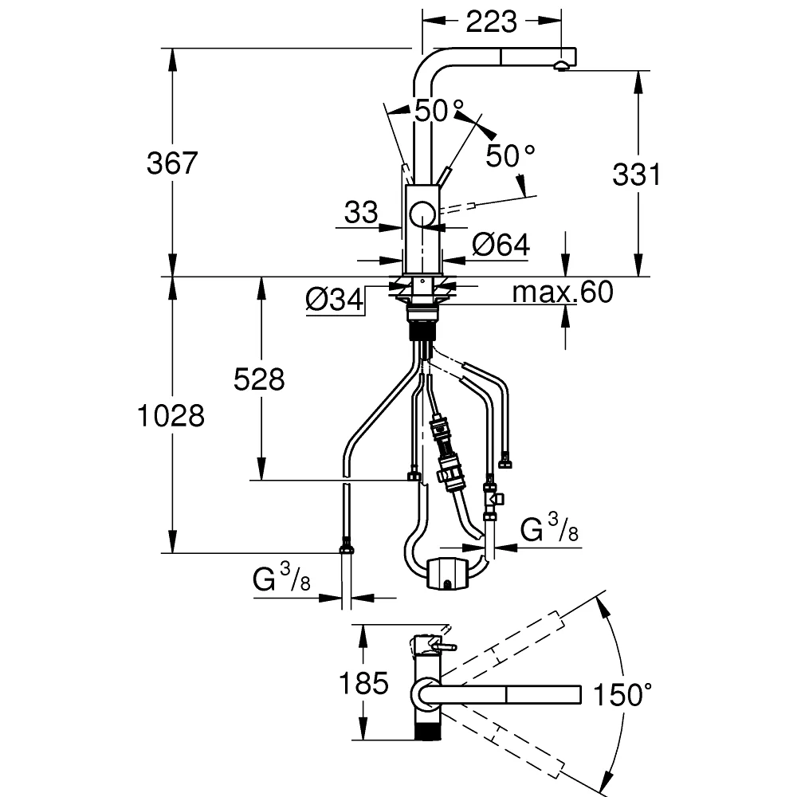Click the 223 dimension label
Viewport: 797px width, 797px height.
(491, 22)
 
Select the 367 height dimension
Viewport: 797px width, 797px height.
(172, 163)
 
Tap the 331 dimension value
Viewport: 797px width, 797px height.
(636, 175)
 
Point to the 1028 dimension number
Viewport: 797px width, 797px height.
(171, 415)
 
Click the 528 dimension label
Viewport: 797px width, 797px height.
(259, 379)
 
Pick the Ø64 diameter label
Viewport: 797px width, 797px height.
(501, 245)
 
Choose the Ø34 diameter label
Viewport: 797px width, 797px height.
(335, 299)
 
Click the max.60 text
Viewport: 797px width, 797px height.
(563, 292)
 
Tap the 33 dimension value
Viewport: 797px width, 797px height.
(361, 212)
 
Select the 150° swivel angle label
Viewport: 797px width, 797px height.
(622, 694)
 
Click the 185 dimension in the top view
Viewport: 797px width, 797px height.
(363, 683)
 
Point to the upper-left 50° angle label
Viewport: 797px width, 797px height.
(439, 111)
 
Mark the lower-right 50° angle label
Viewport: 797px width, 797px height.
(510, 155)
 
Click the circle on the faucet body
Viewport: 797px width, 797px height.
(422, 214)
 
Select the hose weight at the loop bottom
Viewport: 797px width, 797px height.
(447, 574)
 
